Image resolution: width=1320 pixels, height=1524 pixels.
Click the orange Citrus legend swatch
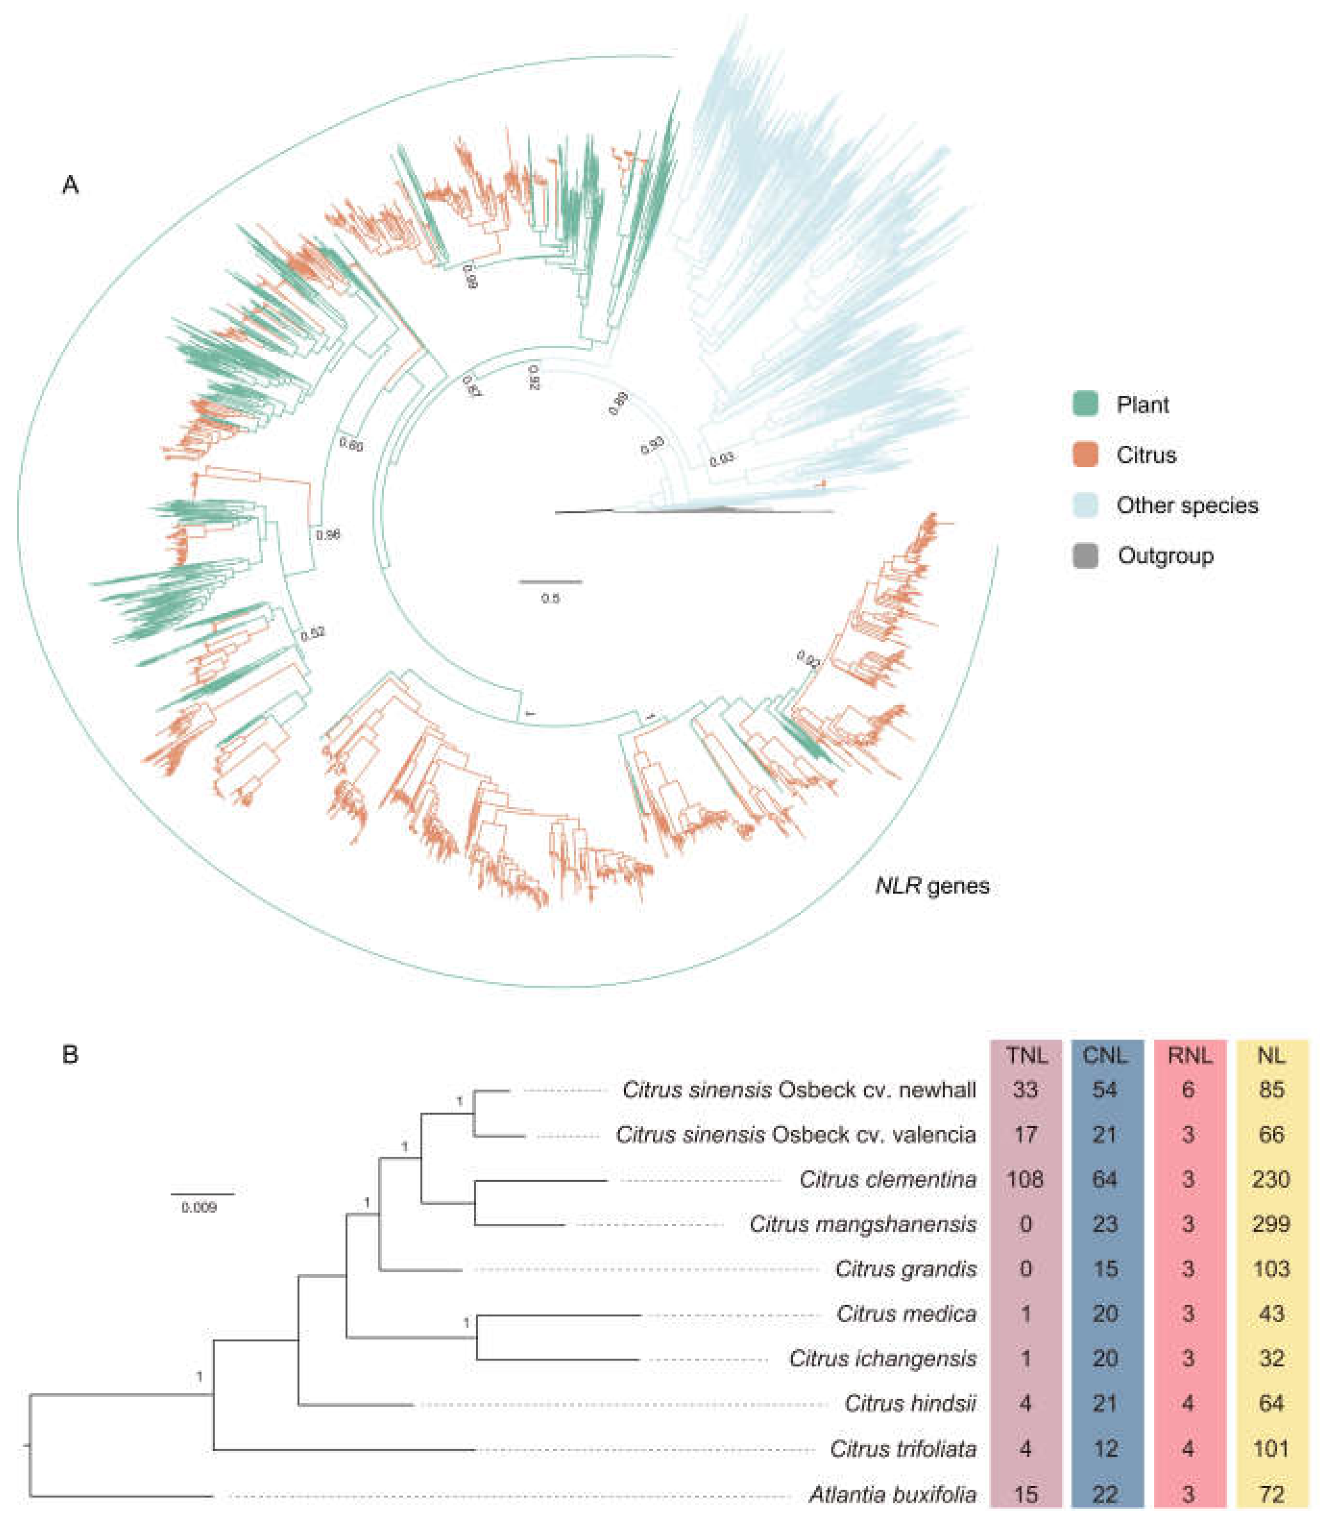[1085, 455]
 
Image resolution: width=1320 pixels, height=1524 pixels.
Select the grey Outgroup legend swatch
[1085, 556]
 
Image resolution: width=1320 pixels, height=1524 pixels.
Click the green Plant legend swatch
[1085, 404]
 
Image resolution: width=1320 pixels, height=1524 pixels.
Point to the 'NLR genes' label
[932, 885]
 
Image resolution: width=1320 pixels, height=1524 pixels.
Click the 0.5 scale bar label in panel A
[550, 598]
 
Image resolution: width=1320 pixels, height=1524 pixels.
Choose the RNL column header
[1189, 1055]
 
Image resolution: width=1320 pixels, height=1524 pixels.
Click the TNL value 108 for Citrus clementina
[1025, 1179]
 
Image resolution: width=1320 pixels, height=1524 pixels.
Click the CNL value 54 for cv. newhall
[1105, 1089]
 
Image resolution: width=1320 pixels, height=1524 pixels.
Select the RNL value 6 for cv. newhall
[1188, 1089]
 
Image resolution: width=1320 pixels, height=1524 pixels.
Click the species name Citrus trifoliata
[903, 1449]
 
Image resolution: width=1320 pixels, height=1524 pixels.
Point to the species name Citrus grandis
[906, 1269]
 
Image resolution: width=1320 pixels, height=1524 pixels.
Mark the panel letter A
[71, 184]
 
